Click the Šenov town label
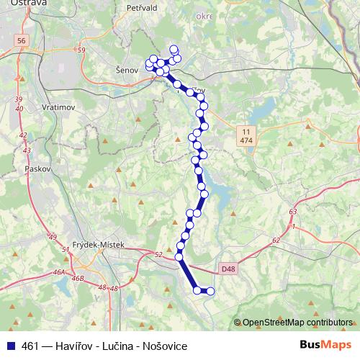pyautogui.click(x=126, y=71)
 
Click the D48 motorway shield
pyautogui.click(x=228, y=269)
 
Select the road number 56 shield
pyautogui.click(x=20, y=41)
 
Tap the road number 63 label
pyautogui.click(x=292, y=212)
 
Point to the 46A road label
pyautogui.click(x=59, y=274)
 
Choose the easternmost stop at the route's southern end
pyautogui.click(x=211, y=291)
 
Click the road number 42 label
pyautogui.click(x=23, y=135)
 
